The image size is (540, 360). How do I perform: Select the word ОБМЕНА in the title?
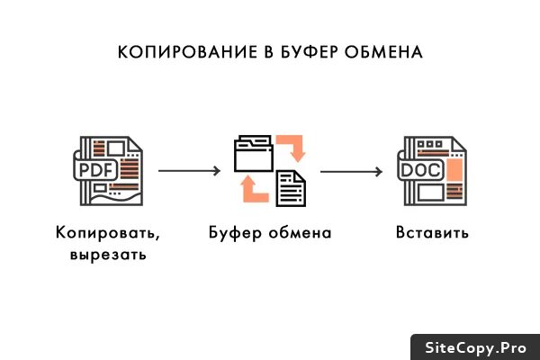click(384, 51)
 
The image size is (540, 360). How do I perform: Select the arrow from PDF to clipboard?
click(189, 169)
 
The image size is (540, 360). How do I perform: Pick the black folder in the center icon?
click(253, 153)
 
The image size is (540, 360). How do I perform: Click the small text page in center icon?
click(289, 187)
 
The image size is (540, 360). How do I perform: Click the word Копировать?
click(107, 233)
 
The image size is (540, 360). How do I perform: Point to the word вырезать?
click(107, 255)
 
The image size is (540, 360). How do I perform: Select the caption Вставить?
click(433, 233)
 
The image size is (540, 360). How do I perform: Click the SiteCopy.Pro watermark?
click(474, 347)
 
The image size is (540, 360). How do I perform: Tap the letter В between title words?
click(266, 51)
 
